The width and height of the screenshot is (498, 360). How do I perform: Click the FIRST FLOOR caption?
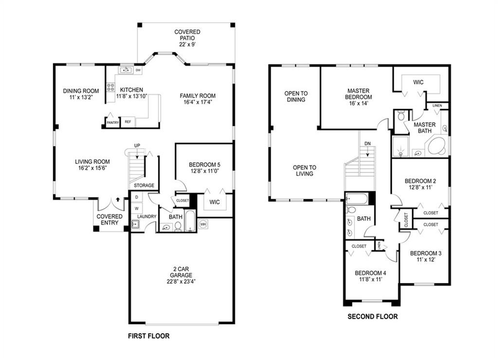(148, 336)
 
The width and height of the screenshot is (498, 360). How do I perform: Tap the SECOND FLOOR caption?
(372, 316)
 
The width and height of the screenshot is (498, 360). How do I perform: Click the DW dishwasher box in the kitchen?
(137, 70)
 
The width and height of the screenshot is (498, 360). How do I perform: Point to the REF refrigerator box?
(127, 121)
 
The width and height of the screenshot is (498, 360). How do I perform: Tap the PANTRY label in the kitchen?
(112, 122)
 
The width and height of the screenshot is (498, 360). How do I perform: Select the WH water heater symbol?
(203, 224)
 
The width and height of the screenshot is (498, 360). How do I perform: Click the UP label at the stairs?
(136, 145)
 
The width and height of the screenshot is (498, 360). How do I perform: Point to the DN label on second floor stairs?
(367, 143)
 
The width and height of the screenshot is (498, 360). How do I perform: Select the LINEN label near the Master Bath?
(437, 106)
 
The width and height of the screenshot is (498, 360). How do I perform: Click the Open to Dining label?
(295, 96)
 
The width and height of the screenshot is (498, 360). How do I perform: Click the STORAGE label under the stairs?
(144, 185)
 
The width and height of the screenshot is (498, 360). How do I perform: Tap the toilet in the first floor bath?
(177, 227)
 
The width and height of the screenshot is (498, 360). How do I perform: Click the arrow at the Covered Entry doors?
(117, 199)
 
